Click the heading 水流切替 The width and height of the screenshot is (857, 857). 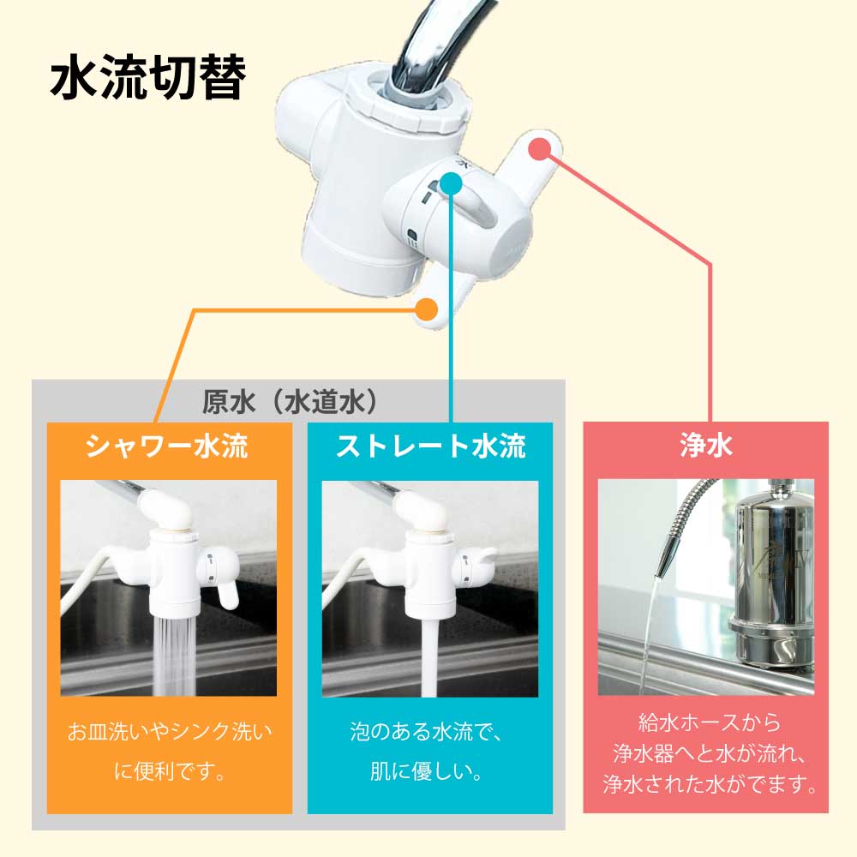pyautogui.click(x=148, y=80)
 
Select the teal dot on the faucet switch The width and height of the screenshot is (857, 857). pyautogui.click(x=452, y=182)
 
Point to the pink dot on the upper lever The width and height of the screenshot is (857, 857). pyautogui.click(x=538, y=148)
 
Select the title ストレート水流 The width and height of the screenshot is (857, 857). pyautogui.click(x=430, y=446)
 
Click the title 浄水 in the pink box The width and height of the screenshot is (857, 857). pyautogui.click(x=705, y=446)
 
